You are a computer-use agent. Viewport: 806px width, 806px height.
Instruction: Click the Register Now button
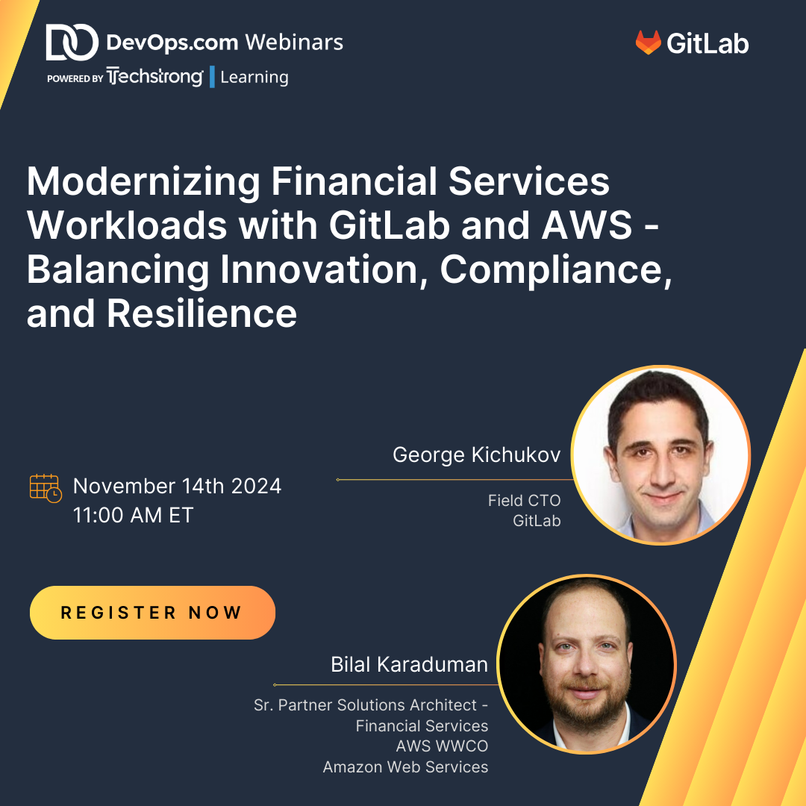click(153, 612)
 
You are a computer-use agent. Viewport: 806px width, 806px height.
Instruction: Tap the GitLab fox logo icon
click(648, 42)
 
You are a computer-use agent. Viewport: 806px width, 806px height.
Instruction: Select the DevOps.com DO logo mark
click(72, 42)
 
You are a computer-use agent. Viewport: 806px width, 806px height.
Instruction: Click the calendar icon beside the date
click(46, 488)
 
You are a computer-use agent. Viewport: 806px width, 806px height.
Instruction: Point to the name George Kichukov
click(476, 455)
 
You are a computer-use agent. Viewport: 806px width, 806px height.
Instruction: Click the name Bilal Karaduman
click(409, 664)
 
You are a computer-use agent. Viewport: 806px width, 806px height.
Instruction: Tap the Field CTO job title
click(525, 500)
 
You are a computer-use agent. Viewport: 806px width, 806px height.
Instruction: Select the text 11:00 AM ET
click(133, 515)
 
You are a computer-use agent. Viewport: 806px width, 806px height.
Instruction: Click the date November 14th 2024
click(178, 486)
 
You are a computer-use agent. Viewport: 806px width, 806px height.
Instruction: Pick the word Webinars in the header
click(294, 42)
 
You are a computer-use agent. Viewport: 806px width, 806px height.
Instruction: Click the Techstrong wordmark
click(154, 77)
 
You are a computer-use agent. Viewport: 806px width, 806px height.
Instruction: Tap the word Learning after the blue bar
click(254, 77)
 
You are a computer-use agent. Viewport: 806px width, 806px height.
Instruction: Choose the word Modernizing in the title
click(143, 182)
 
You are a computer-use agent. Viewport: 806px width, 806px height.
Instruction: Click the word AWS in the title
click(587, 225)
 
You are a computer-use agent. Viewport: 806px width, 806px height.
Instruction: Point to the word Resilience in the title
click(202, 313)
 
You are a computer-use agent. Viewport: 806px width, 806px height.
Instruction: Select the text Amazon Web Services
click(405, 766)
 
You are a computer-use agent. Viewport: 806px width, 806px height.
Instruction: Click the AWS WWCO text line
click(442, 746)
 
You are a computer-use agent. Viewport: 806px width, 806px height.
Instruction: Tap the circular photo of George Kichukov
click(661, 455)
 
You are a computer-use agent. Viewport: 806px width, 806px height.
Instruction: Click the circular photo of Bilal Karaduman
click(587, 664)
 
